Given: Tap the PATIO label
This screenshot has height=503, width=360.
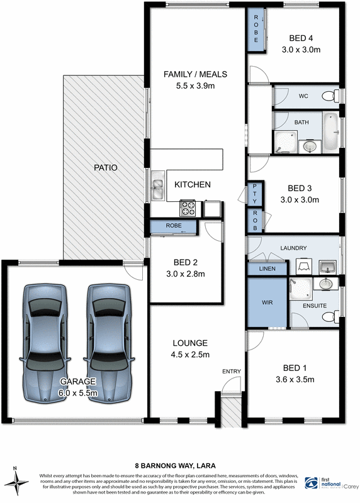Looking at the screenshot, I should [x=106, y=168].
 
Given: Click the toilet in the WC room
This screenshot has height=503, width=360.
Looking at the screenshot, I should [x=327, y=96].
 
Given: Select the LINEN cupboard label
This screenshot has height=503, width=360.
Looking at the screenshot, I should [x=267, y=269].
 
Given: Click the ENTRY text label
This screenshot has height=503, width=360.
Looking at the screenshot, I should [x=231, y=372].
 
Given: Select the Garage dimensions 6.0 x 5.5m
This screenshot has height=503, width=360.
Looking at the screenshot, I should [x=78, y=392].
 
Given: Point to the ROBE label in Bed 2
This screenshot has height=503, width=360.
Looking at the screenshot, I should [x=174, y=224].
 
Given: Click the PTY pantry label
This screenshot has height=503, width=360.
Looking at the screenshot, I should [x=255, y=192].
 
